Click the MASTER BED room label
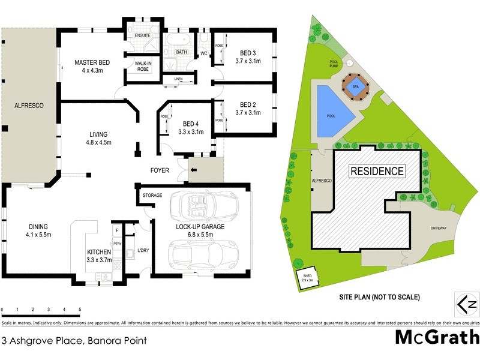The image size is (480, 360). pos(92,62)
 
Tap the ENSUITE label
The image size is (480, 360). pos(142,35)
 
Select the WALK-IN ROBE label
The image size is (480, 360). pos(142,66)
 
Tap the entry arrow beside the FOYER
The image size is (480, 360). pos(194,170)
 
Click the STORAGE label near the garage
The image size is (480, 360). pos(153,196)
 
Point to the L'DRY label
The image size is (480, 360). pos(143,250)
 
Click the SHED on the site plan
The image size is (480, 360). pos(307,278)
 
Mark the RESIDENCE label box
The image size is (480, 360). pos(377,171)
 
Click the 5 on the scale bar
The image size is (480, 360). pos(80,310)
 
